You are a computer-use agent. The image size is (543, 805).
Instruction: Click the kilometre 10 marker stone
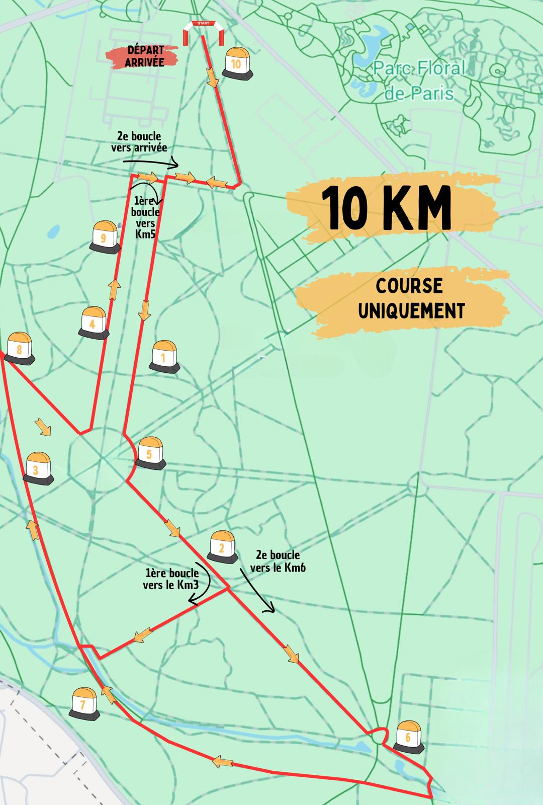coord(236,64)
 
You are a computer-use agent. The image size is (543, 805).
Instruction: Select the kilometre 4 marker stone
coord(93,324)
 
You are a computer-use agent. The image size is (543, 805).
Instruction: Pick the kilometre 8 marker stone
coord(20,348)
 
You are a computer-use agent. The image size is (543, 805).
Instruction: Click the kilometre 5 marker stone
coord(150,454)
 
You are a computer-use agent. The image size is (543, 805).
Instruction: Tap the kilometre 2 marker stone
coord(222,547)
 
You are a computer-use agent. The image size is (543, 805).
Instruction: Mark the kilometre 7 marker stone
coord(84,703)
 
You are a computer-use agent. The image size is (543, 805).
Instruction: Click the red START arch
coord(201,32)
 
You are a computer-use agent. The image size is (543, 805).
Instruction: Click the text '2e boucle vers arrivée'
coord(139,142)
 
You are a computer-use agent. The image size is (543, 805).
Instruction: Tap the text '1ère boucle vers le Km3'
coord(171,579)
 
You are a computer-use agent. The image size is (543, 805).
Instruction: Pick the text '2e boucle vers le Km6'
coord(278,561)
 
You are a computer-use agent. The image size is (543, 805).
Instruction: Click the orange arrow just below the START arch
coord(212,78)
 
